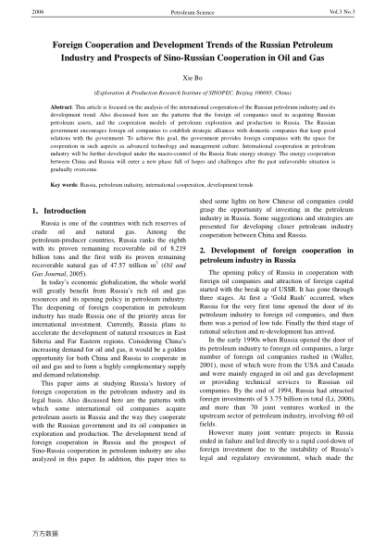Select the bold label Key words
pyautogui.click(x=38, y=185)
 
